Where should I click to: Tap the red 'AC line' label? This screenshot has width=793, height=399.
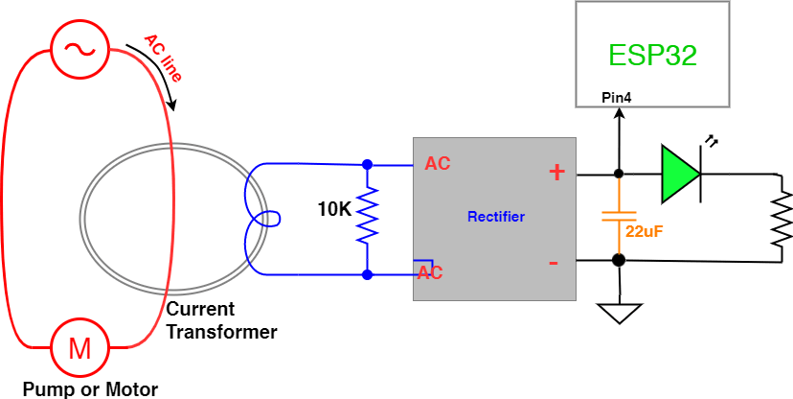(162, 58)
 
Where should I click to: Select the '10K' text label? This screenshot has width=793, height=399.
(335, 208)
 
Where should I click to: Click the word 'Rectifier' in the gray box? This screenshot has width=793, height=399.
(495, 217)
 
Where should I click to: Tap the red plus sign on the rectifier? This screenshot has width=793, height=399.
(556, 173)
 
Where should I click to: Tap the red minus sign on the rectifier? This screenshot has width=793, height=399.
(554, 262)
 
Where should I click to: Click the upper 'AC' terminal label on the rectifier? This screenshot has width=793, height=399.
(437, 164)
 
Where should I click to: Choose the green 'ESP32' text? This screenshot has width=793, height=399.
(652, 55)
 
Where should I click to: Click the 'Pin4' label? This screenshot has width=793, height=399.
(616, 98)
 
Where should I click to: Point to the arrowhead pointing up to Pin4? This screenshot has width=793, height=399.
(619, 115)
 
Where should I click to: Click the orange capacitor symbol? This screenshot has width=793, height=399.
(619, 215)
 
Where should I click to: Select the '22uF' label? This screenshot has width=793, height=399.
(644, 231)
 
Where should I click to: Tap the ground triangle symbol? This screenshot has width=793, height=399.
(619, 313)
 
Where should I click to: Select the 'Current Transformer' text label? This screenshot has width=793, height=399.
(221, 321)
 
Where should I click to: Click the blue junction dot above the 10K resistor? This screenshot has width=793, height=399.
(367, 164)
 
